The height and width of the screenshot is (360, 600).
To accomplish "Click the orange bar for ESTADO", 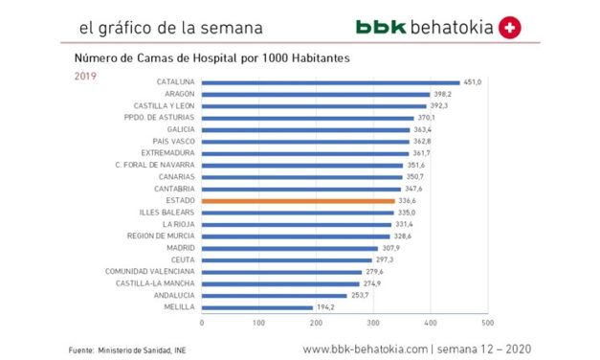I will pos(298,200).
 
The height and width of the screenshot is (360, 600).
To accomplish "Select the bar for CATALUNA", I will pos(330,82).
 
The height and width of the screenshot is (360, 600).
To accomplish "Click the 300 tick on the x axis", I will pos(373,323).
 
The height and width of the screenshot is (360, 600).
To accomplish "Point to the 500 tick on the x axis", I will pos(488,323).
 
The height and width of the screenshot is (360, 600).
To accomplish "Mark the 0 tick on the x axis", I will pos(202,323).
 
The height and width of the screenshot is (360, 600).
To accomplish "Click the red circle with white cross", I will pos(510,28).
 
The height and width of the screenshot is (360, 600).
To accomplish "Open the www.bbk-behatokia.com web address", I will pos(365,349).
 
